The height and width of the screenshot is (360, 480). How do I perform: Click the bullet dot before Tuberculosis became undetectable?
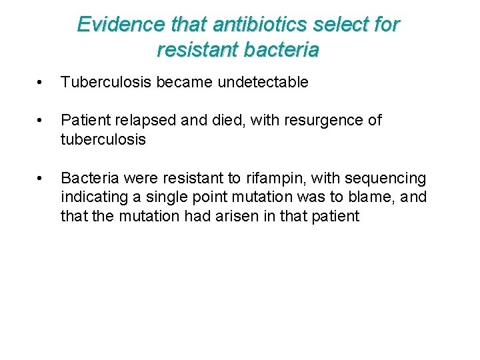click(x=41, y=83)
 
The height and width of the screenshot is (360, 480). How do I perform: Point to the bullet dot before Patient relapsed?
click(x=41, y=121)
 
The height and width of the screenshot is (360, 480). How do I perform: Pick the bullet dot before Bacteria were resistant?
click(x=41, y=179)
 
